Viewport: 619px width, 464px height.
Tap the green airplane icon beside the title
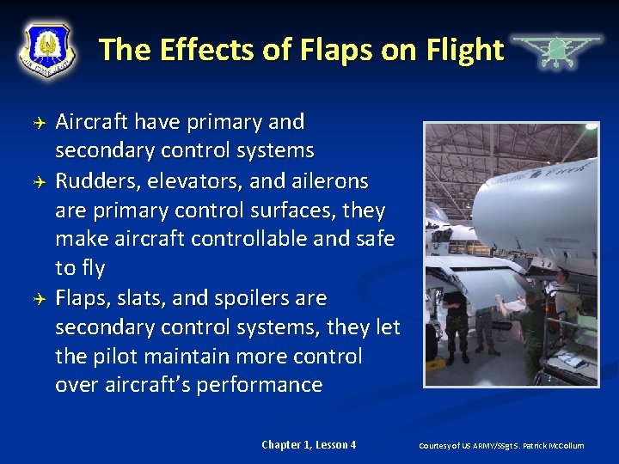(x=556, y=52)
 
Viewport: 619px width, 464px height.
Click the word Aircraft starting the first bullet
(x=90, y=122)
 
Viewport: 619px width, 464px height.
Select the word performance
(x=259, y=386)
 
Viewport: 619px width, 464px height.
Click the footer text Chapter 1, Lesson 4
(x=309, y=445)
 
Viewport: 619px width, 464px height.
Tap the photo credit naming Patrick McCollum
(x=501, y=446)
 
